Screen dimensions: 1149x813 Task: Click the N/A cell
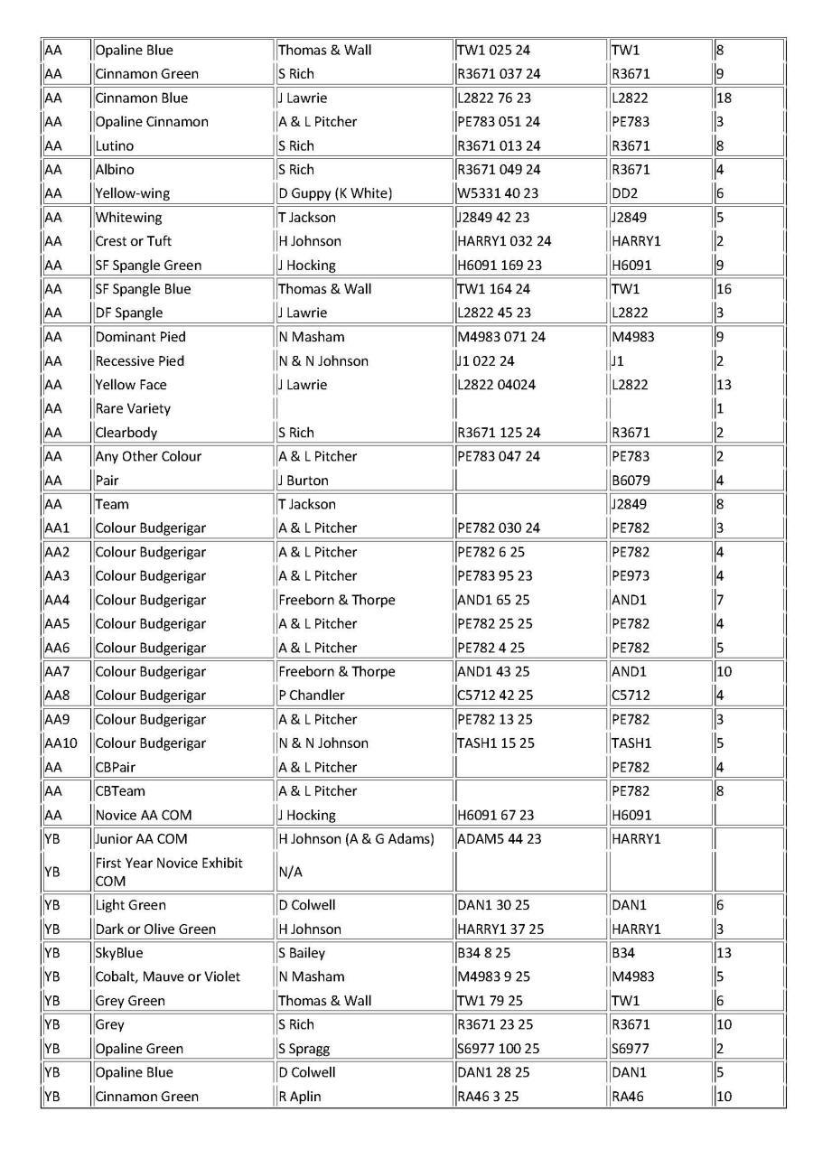pos(290,872)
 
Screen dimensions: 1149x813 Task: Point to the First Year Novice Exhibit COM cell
pos(169,872)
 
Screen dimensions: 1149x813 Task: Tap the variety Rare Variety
pos(133,408)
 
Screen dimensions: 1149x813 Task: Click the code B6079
pos(631,481)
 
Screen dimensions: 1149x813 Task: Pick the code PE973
pos(630,575)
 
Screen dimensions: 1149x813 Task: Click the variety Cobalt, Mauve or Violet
pos(168,976)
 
